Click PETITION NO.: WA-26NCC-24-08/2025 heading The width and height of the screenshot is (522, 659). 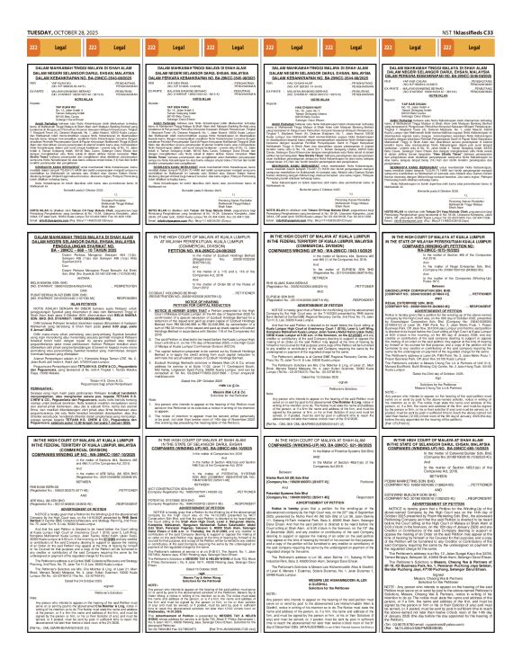[x=192, y=251]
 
